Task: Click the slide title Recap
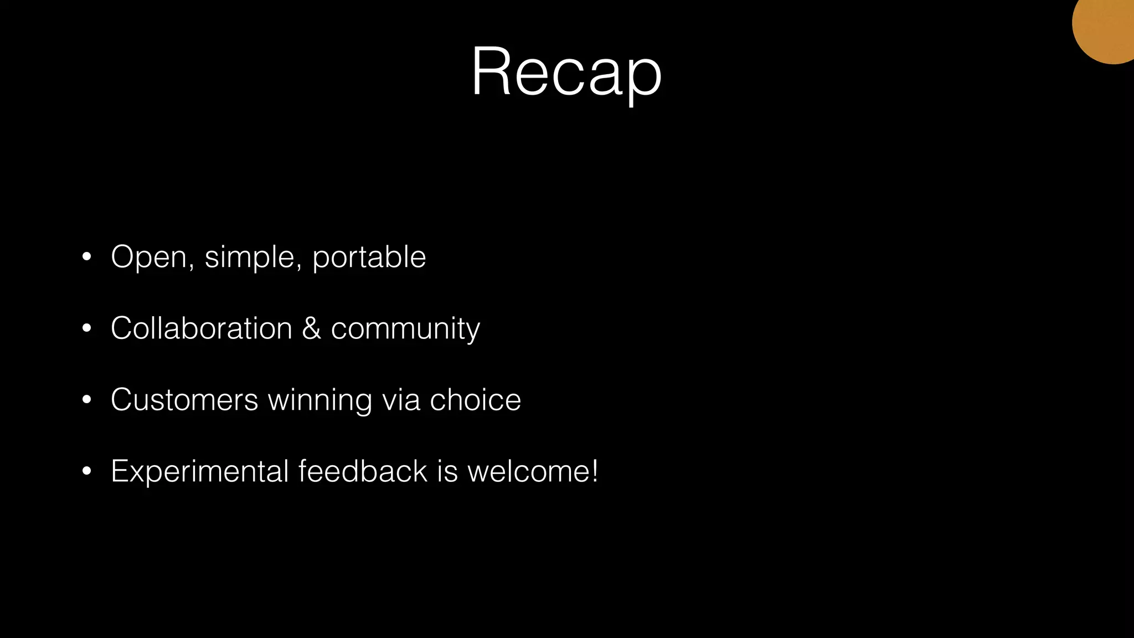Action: pyautogui.click(x=566, y=72)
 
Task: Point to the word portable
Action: pyautogui.click(x=369, y=258)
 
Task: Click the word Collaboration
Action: pyautogui.click(x=201, y=328)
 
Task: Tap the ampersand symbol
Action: pyautogui.click(x=311, y=328)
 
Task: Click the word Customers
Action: pyautogui.click(x=184, y=400)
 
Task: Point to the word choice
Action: pyautogui.click(x=475, y=400)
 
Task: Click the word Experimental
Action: pyautogui.click(x=199, y=472)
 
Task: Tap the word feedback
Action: pyautogui.click(x=363, y=471)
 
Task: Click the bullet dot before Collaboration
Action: pyautogui.click(x=86, y=328)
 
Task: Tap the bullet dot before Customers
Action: pyautogui.click(x=86, y=400)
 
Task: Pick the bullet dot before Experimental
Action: pyautogui.click(x=86, y=471)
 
